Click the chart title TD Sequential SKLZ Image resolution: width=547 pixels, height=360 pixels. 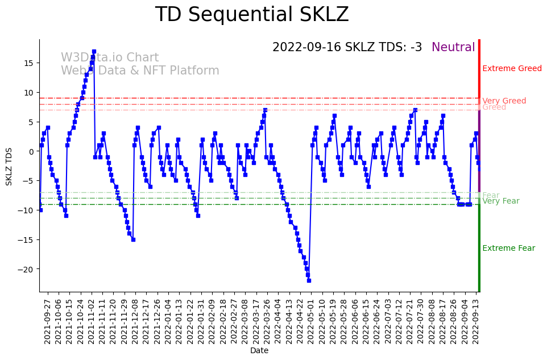coord(252,15)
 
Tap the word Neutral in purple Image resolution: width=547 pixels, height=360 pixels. coord(453,48)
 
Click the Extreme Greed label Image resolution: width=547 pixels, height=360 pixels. coord(512,69)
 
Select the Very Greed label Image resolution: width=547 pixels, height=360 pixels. coord(504,101)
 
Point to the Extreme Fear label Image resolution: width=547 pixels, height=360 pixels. coord(508,249)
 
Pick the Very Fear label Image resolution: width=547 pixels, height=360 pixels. coord(500,201)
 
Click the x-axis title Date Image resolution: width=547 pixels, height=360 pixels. coord(259,351)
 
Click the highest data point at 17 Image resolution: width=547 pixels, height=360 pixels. coord(94,52)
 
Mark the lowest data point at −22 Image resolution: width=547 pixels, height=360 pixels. coord(309,280)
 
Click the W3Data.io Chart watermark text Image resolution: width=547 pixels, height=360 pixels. coord(110,58)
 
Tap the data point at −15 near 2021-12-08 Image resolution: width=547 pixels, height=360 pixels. coord(133,239)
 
